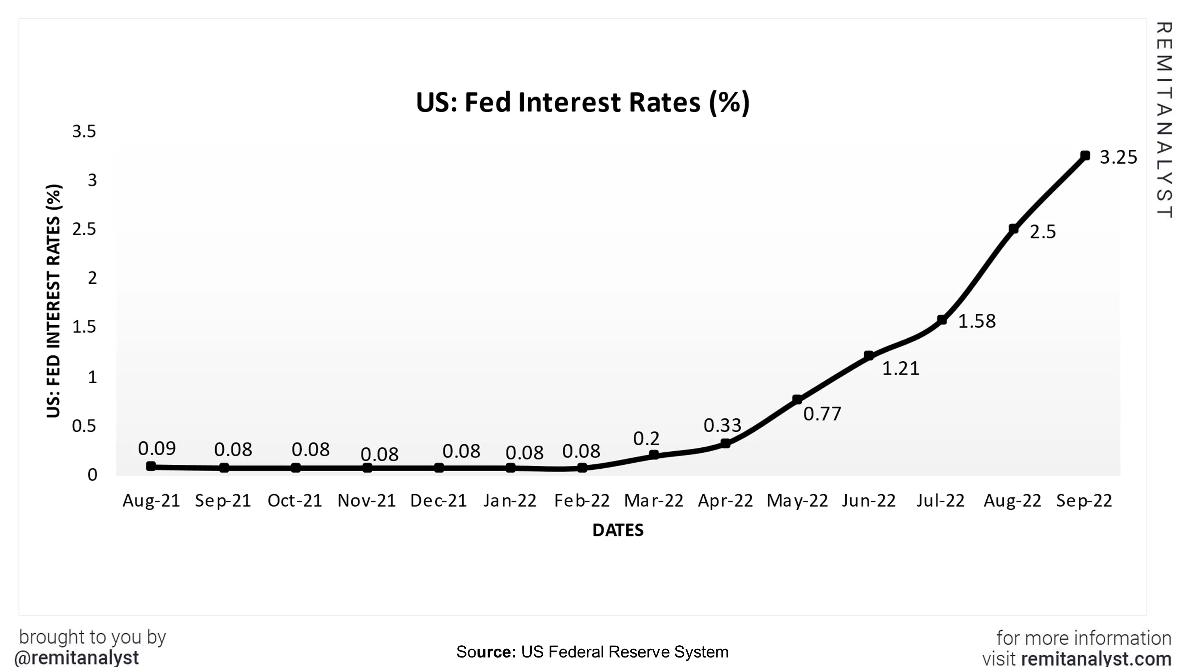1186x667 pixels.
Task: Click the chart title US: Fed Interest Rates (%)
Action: click(x=582, y=102)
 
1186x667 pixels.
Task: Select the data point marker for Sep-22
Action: click(x=1085, y=156)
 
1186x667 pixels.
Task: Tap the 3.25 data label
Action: click(x=1118, y=157)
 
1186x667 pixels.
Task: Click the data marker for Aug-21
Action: click(x=151, y=466)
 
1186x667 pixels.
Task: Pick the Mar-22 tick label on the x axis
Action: click(x=653, y=500)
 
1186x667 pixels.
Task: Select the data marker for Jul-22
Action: click(x=942, y=320)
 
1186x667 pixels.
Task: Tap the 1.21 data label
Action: click(x=901, y=368)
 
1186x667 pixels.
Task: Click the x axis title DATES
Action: click(x=618, y=530)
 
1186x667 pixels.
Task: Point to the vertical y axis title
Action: click(x=53, y=301)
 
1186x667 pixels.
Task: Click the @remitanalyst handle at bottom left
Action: click(x=76, y=658)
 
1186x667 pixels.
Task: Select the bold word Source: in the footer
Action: click(x=486, y=652)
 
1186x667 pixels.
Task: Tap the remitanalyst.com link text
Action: click(x=1096, y=658)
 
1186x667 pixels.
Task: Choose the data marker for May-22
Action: click(x=797, y=399)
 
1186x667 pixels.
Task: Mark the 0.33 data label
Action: click(x=722, y=425)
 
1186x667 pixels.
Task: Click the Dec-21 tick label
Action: click(x=438, y=500)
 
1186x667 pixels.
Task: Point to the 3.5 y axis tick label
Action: click(x=84, y=131)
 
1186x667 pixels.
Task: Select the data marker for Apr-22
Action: click(x=725, y=443)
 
